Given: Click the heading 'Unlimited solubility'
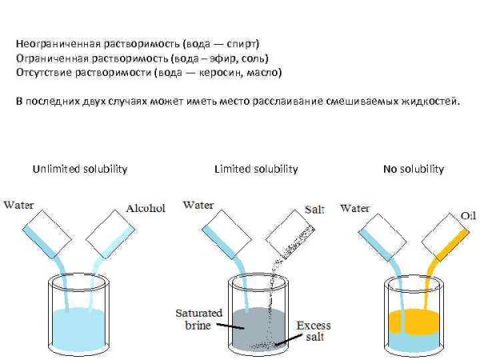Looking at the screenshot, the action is point(80,170).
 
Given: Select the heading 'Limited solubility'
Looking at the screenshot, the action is point(256,170).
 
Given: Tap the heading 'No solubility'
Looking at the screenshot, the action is point(414,170).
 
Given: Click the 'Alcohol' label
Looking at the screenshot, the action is point(146,209).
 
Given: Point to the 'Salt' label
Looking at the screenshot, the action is point(314,210).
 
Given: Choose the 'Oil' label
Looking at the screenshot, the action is point(468,216).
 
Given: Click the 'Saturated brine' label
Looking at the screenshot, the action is point(198,319).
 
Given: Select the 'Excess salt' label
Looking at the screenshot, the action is point(314,331).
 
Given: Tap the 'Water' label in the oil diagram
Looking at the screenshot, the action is point(354,209).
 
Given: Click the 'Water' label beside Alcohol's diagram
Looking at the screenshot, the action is point(18,205).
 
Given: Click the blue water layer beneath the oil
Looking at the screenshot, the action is point(414,342).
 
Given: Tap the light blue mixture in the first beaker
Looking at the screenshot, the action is point(79,329).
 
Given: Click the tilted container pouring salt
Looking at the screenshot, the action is point(290,234).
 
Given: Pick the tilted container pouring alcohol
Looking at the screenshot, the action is point(110,234).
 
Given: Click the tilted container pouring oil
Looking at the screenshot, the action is point(446,238).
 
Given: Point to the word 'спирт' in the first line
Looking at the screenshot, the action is point(242,44).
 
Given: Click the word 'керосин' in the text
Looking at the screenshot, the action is point(219,73).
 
